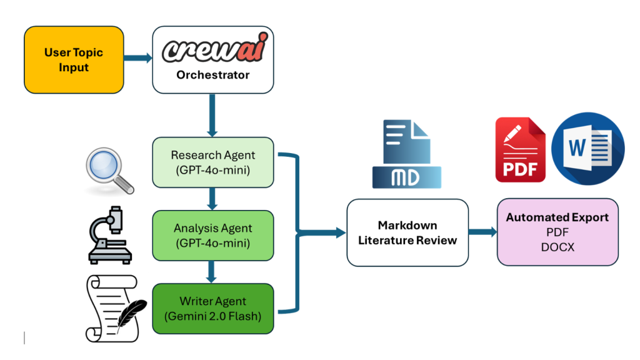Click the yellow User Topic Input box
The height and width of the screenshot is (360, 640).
coord(73,60)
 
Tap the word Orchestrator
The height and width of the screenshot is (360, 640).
coord(212,75)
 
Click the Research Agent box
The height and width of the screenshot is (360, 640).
coord(213,162)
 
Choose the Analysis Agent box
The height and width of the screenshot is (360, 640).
coord(213,236)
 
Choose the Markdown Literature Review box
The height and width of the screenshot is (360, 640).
coord(407,232)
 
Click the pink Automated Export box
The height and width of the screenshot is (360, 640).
coord(557,232)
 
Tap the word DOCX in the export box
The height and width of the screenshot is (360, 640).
coord(557,247)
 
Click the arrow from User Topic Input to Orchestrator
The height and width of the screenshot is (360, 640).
coord(137,59)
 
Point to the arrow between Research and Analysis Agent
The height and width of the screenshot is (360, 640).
coord(212,199)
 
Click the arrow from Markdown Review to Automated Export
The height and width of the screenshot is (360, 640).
coord(482,232)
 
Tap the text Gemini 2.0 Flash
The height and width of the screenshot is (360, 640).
coord(212,316)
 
